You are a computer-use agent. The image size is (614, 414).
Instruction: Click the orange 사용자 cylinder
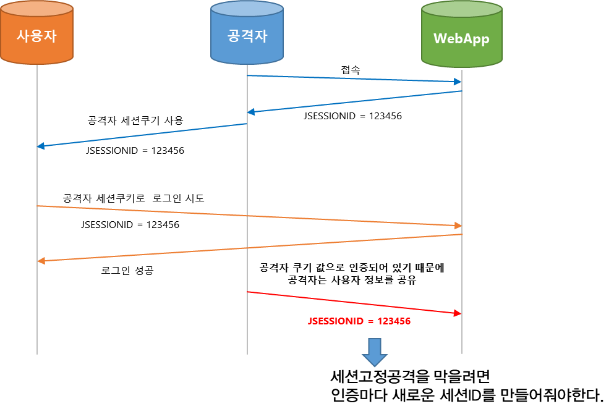click(36, 35)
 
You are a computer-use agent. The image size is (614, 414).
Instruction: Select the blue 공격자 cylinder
click(247, 33)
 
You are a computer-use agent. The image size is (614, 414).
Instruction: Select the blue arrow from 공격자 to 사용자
click(142, 135)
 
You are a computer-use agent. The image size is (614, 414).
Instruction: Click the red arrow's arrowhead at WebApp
click(458, 313)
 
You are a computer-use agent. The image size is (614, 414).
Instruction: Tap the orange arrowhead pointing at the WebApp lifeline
click(458, 226)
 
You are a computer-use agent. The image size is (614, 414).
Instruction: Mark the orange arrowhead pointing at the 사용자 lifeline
click(41, 261)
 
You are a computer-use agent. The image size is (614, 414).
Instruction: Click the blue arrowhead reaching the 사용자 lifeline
click(41, 146)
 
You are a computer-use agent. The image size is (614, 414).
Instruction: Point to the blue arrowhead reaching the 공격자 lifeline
click(251, 112)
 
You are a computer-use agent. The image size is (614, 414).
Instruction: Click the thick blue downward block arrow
click(374, 352)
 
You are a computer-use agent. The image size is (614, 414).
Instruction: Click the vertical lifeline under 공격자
click(247, 334)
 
